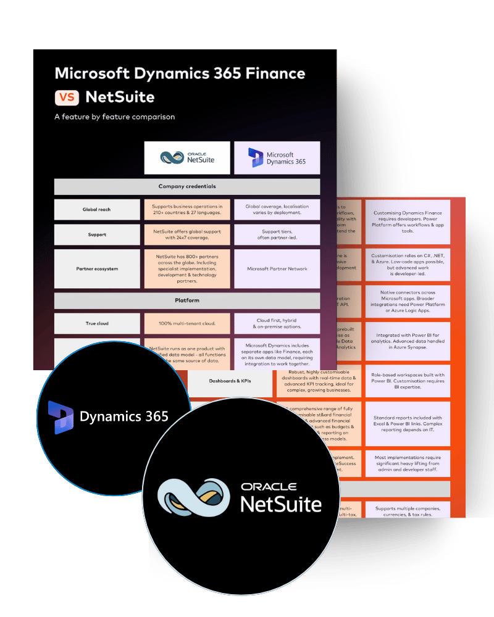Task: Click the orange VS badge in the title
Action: pyautogui.click(x=67, y=97)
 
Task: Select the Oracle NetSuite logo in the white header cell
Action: pyautogui.click(x=187, y=159)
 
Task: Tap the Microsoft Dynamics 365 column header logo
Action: pyautogui.click(x=277, y=159)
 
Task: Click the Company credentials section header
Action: pyautogui.click(x=187, y=186)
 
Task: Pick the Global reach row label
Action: pyautogui.click(x=97, y=210)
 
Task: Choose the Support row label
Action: pyautogui.click(x=97, y=234)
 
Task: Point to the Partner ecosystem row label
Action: pyautogui.click(x=97, y=268)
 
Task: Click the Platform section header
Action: pyautogui.click(x=187, y=300)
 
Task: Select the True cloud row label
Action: pyautogui.click(x=97, y=323)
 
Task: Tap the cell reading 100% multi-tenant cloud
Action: pyautogui.click(x=187, y=323)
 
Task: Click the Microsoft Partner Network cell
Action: pyautogui.click(x=277, y=268)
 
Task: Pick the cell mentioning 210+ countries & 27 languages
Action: pyautogui.click(x=187, y=210)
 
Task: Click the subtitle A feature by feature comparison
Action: pyautogui.click(x=114, y=117)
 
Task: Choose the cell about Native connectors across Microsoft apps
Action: pyautogui.click(x=407, y=300)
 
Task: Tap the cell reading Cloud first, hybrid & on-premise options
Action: pyautogui.click(x=277, y=323)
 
